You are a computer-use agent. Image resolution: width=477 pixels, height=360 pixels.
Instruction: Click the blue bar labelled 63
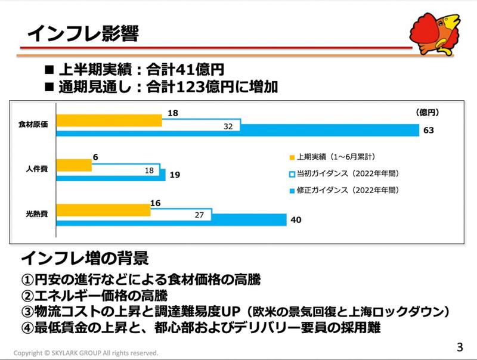click(238, 131)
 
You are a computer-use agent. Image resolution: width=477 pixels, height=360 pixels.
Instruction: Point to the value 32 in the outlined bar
click(228, 126)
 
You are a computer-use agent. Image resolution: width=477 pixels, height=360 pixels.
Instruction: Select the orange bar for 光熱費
click(104, 210)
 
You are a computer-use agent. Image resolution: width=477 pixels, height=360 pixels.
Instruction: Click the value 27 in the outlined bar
click(199, 215)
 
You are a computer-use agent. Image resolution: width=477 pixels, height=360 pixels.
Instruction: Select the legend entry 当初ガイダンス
click(343, 174)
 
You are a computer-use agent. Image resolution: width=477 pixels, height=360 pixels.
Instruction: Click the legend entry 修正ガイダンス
click(343, 191)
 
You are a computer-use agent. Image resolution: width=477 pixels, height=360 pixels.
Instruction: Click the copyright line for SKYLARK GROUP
click(86, 353)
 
